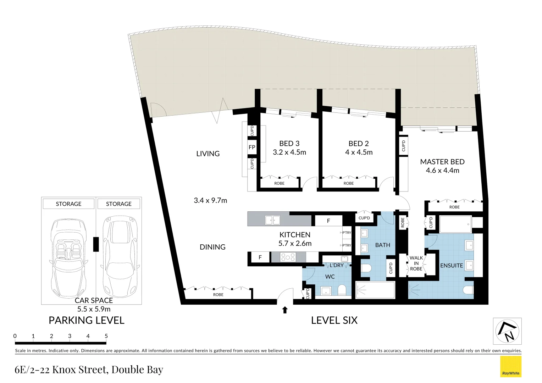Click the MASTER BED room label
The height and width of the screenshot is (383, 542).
(x=442, y=162)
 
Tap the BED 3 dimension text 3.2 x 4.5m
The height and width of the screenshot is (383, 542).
(x=289, y=152)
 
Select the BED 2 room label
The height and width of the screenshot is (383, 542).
(x=358, y=144)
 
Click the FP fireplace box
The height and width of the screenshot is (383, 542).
(x=252, y=147)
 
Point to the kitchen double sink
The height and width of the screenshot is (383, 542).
(x=272, y=220)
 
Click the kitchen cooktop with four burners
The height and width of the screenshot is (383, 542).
(x=288, y=257)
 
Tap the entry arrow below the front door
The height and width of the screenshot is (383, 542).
(x=284, y=310)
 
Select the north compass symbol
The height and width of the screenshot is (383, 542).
(x=507, y=331)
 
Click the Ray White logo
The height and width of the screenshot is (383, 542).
(x=510, y=366)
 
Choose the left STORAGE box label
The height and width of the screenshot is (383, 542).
(x=68, y=204)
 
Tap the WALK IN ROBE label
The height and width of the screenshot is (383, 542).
(x=416, y=263)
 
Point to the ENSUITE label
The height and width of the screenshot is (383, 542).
(x=451, y=266)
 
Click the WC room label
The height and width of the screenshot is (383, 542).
(x=330, y=277)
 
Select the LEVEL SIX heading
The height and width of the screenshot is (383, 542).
(x=334, y=320)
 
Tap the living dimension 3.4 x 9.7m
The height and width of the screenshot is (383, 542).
(x=210, y=200)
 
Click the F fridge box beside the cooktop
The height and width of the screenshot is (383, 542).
(x=260, y=257)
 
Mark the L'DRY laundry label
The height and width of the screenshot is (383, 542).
(x=336, y=265)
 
